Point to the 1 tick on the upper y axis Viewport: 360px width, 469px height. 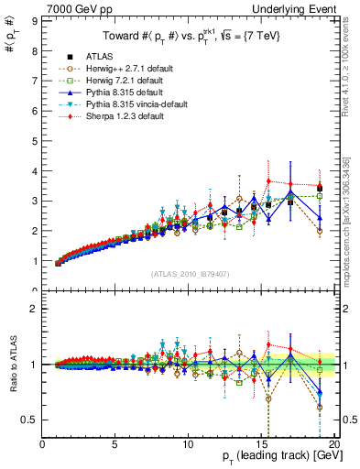[x=34, y=261]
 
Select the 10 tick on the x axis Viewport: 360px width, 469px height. [x=187, y=444]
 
